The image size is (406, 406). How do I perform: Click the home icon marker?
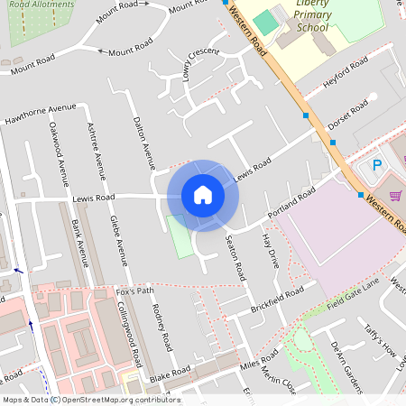[203, 195]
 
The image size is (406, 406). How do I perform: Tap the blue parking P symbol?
[378, 166]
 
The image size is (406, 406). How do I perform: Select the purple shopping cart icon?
[394, 194]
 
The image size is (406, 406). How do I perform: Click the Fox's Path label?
[135, 291]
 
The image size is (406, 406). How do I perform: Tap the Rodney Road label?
[163, 327]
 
